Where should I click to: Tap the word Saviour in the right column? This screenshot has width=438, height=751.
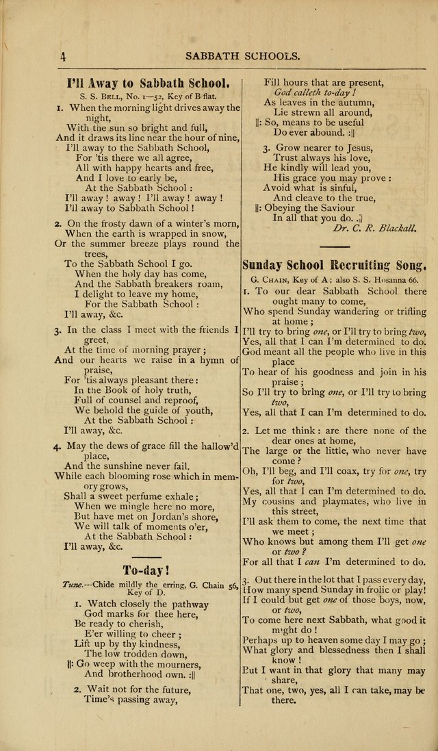(x=332, y=207)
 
